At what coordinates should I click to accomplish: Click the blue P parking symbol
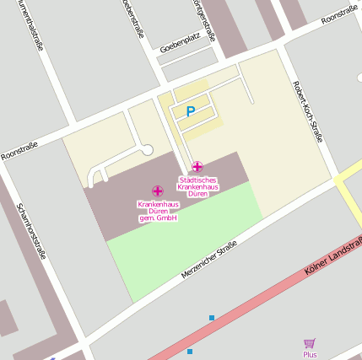[x=190, y=111]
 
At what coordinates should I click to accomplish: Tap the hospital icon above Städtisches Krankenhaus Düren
[x=197, y=167]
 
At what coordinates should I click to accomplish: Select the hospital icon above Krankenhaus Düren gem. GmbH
[x=158, y=191]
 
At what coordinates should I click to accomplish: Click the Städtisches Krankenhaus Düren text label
[x=197, y=185]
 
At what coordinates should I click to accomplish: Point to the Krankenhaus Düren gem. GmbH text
[x=158, y=211]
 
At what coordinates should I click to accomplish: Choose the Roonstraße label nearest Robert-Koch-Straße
[x=340, y=16]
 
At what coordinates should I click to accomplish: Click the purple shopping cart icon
[x=310, y=343]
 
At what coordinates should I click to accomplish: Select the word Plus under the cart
[x=310, y=355]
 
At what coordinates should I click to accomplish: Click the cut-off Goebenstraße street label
[x=132, y=18]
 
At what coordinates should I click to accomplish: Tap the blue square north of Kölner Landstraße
[x=211, y=318]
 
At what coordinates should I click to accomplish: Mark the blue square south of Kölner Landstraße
[x=190, y=351]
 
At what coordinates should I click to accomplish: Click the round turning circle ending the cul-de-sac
[x=147, y=150]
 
